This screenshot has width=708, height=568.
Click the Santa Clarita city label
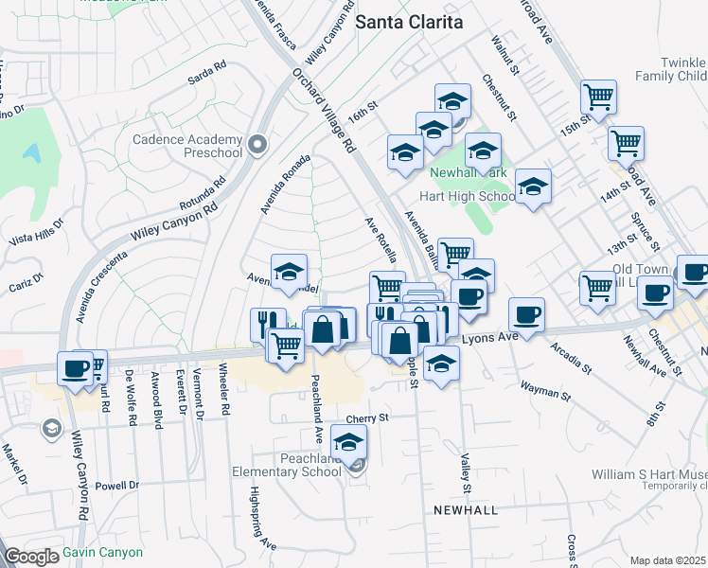(x=410, y=22)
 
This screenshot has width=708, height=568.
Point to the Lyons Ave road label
(x=492, y=337)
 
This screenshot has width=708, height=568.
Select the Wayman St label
(x=542, y=386)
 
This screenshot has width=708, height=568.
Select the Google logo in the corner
(x=31, y=557)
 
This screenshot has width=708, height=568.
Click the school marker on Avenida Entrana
(x=289, y=271)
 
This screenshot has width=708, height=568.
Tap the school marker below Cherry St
(x=348, y=440)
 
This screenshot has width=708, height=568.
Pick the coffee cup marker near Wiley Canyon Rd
(x=74, y=368)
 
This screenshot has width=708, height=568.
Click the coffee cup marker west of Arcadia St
(x=526, y=313)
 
